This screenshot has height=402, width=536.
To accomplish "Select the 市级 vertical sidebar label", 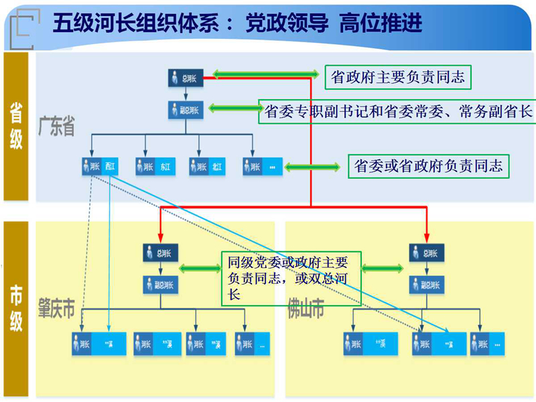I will coord(15,308).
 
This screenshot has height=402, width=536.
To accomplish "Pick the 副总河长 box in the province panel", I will coord(186,109).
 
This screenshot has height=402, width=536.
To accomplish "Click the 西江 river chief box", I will coord(100,165).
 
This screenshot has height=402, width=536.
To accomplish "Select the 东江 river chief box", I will coord(153,165).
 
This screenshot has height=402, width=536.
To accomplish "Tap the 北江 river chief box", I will coord(207,165).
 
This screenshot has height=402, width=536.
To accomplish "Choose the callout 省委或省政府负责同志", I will coord(428,165).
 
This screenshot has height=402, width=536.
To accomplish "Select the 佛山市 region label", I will coord(306,310).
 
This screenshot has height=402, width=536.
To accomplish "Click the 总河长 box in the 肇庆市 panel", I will coord(159,253).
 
